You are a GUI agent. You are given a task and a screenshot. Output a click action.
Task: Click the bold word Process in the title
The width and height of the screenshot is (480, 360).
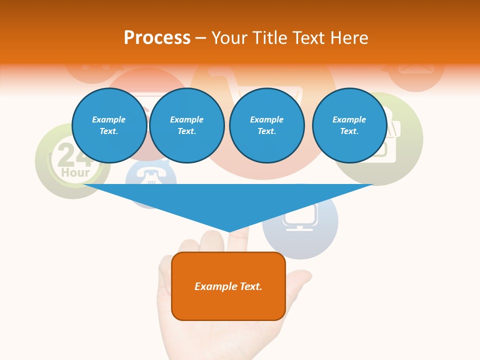click(x=157, y=38)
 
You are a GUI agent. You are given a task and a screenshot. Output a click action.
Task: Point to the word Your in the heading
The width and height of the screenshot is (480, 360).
click(x=230, y=38)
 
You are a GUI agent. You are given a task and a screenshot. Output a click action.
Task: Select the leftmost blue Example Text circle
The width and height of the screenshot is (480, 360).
click(x=109, y=125)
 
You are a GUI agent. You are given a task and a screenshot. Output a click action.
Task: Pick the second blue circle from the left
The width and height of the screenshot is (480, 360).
click(x=186, y=125)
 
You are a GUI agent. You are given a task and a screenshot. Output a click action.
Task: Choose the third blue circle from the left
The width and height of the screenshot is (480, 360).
click(x=266, y=125)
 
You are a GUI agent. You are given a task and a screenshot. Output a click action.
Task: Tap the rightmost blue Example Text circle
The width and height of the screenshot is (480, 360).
click(x=349, y=125)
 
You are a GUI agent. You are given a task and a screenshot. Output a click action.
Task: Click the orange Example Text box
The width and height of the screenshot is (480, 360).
click(x=228, y=286)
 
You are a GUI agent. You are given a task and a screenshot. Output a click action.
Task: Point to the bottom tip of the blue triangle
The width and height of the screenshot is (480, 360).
click(x=229, y=231)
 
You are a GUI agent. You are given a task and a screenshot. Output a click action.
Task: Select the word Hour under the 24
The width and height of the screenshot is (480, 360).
click(x=75, y=173)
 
